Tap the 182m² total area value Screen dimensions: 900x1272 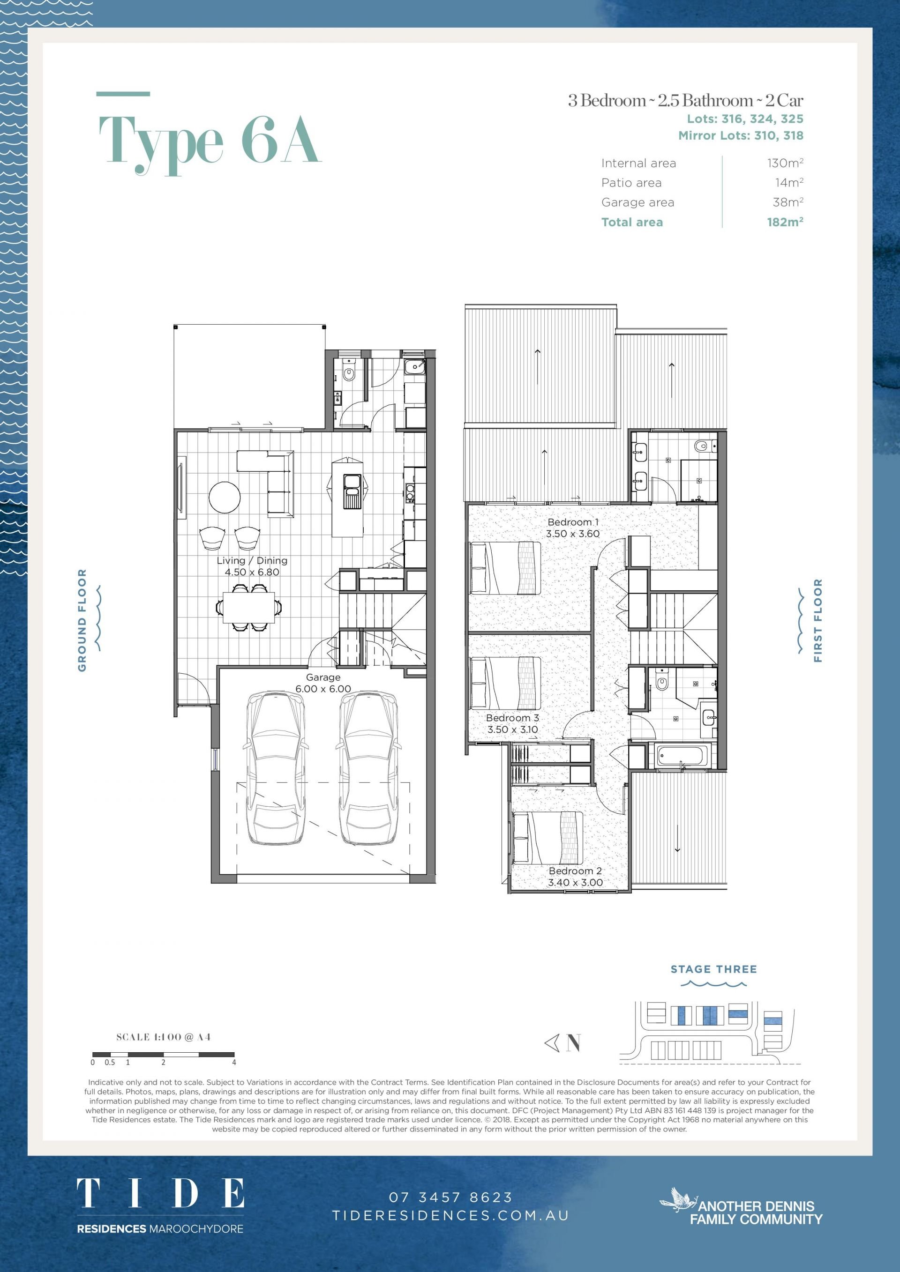point(785,222)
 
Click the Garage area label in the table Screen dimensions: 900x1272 point(638,202)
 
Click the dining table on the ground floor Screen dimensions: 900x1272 point(249,608)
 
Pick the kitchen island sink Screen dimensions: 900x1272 point(352,491)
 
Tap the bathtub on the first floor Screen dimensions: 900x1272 point(681,755)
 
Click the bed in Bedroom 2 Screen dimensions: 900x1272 point(548,838)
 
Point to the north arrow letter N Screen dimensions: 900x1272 point(574,1043)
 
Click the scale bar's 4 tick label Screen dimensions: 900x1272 point(234,1062)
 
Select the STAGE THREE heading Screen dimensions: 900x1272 point(714,969)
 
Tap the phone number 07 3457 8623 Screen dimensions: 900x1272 point(450,1197)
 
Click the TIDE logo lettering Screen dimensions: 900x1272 point(160,1193)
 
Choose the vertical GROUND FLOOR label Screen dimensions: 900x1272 point(82,620)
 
